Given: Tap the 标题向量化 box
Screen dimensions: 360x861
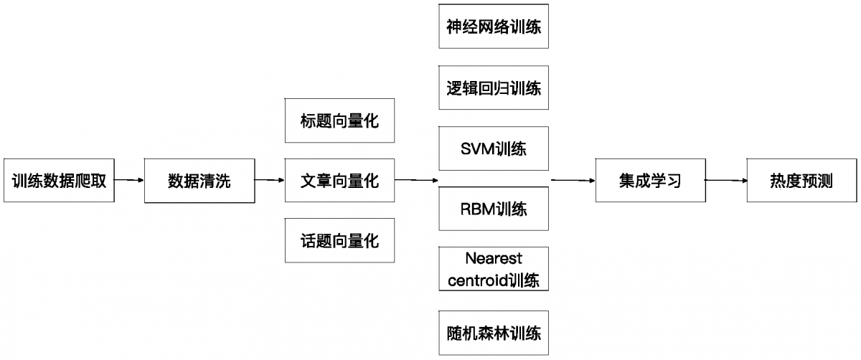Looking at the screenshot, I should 339,120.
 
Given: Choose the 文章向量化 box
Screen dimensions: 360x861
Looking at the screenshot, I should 339,181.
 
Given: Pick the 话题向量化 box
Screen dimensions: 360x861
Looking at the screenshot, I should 339,240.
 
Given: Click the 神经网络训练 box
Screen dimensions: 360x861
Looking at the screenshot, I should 494,27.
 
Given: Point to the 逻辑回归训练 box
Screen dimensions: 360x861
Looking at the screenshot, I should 494,88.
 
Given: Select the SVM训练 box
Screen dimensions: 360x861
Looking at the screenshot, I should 494,149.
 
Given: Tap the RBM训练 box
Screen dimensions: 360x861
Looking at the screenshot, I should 494,209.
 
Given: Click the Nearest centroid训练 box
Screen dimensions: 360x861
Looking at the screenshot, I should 494,269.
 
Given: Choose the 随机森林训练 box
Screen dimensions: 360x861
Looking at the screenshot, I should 494,333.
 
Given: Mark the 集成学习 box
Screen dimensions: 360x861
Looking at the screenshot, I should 650,181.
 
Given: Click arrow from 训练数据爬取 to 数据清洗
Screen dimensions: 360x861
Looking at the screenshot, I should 130,181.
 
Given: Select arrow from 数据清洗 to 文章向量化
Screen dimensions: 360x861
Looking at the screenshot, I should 270,181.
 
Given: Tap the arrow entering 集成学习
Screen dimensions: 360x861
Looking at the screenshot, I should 573,181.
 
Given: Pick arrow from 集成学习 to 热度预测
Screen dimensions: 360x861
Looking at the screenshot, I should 726,181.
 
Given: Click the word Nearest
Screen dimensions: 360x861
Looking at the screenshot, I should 494,258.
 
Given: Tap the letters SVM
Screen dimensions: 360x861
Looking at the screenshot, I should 476,149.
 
